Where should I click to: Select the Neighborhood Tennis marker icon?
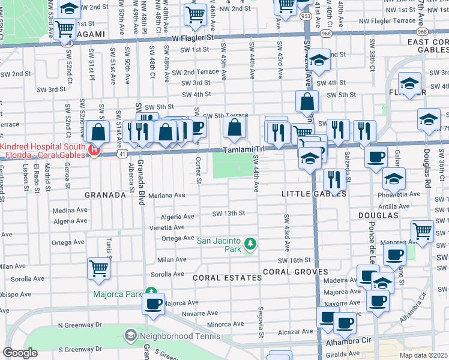point(129,334)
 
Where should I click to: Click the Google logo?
point(20,353)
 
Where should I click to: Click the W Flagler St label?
point(192,37)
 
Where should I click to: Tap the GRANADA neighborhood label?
point(105,195)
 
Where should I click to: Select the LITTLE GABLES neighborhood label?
point(314,194)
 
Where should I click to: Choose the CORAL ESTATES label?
point(228,278)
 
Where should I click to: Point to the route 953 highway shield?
point(306,16)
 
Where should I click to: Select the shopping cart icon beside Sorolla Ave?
point(98,269)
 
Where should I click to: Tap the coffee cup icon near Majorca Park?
point(153,302)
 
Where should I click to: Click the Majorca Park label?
point(116,294)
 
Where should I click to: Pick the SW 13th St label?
point(228,213)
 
